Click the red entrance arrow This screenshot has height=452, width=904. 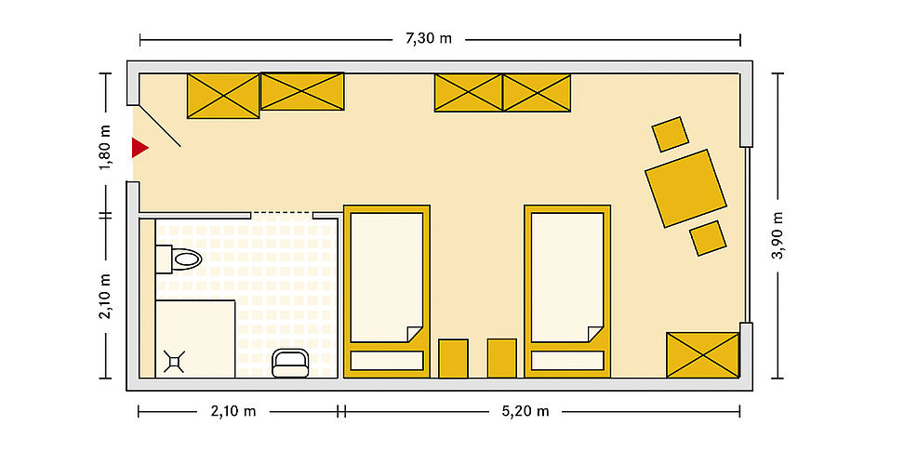tap(139, 148)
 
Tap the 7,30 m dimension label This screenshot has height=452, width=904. tap(429, 39)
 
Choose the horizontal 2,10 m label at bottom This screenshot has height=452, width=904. tap(233, 411)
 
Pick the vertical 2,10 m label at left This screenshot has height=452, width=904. tap(105, 296)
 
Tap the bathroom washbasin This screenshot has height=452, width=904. tap(290, 364)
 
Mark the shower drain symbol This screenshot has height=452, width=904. tap(174, 360)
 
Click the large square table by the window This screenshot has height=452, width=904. tap(685, 188)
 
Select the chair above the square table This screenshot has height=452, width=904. tap(670, 134)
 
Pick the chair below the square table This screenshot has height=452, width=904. tap(708, 238)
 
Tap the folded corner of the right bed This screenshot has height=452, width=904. tap(595, 334)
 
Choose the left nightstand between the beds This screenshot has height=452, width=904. tap(453, 359)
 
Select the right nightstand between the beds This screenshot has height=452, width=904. tap(501, 359)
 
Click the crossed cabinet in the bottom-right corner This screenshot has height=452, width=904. tap(703, 355)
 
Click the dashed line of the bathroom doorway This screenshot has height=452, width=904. tap(282, 213)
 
